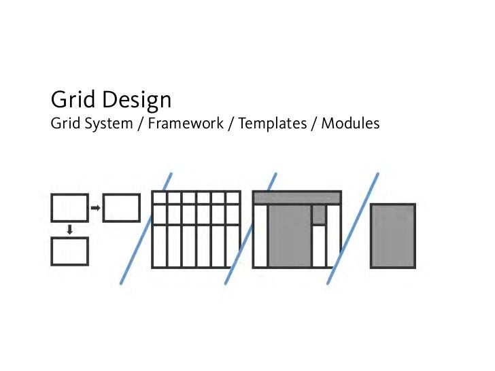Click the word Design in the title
[x=137, y=101]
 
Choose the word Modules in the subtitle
[x=350, y=124]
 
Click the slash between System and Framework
[x=141, y=125]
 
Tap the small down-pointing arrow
[x=69, y=230]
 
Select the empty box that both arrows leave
[x=69, y=208]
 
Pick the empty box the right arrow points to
[x=122, y=208]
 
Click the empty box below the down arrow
[x=69, y=251]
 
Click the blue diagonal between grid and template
[x=250, y=228]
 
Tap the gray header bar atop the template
[x=296, y=197]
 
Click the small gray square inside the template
[x=318, y=214]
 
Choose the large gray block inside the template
[x=289, y=236]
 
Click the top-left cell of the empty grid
[x=158, y=197]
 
